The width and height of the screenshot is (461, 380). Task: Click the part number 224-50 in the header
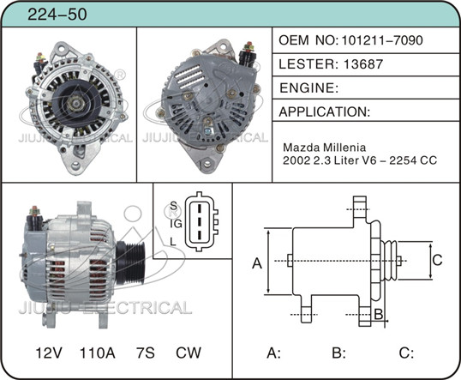[57, 14]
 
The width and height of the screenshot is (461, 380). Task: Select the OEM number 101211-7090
[382, 40]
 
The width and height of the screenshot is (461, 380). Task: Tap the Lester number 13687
[362, 63]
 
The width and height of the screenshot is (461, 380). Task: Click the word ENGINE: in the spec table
[308, 87]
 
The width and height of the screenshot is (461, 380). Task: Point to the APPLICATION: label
[324, 112]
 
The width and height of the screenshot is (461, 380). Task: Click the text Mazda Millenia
[324, 147]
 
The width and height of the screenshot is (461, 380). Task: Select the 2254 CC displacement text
[413, 160]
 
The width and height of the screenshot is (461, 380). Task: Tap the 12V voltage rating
[49, 353]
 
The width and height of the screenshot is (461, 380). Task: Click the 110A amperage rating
[98, 353]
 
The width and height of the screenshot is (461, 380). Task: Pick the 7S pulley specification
[145, 353]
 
